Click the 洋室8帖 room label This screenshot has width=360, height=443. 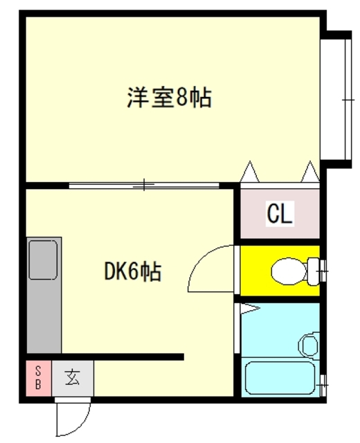click(x=168, y=97)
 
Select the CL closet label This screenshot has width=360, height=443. click(x=280, y=214)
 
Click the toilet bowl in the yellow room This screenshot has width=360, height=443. click(x=287, y=270)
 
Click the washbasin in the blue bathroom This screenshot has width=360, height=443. click(x=311, y=343)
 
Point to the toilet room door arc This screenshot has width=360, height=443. click(x=208, y=266)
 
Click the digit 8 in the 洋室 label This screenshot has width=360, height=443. click(x=182, y=98)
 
